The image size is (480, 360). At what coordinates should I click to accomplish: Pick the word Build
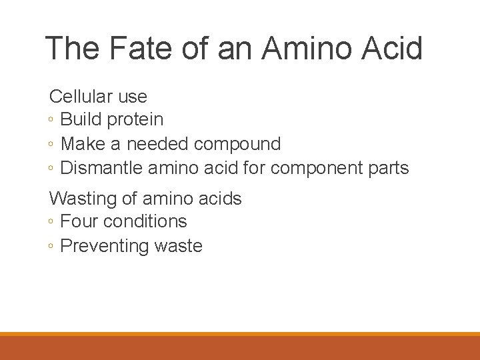80,120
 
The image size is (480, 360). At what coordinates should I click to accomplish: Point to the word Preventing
105,246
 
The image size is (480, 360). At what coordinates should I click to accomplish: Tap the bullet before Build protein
52,121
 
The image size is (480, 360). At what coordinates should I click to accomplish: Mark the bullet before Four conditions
52,222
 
